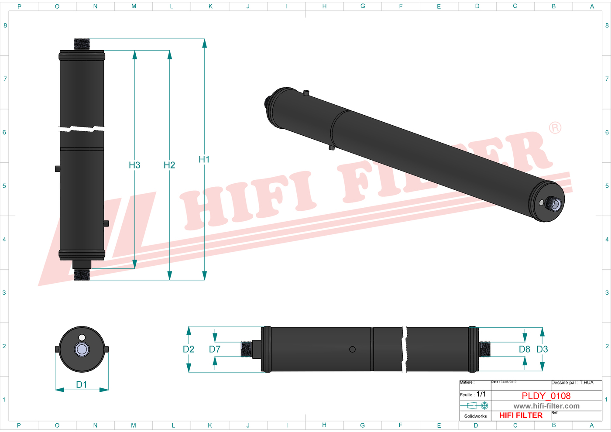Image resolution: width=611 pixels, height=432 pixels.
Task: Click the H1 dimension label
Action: pos(204,160)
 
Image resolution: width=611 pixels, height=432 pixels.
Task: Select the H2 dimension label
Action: pos(169,165)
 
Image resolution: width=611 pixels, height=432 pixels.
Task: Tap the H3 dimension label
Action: pos(134,165)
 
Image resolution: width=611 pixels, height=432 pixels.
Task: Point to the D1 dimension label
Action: pos(82,384)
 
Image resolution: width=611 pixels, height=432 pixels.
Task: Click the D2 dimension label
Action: pos(189,349)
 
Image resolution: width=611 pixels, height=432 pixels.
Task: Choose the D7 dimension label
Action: pos(215,349)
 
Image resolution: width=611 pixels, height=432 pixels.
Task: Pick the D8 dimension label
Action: pos(525,349)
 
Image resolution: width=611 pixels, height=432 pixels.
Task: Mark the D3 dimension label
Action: pos(542,349)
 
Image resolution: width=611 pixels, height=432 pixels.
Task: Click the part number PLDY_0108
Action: pos(546,396)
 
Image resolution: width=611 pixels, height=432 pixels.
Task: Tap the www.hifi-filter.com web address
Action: pos(546,406)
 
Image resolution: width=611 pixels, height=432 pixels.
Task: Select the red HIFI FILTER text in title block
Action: pos(521,415)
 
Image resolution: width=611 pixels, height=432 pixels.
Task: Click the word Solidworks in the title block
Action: pos(475,416)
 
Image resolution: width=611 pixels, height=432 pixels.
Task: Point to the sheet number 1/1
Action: pos(481,394)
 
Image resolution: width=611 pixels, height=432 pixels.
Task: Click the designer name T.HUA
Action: pos(587,383)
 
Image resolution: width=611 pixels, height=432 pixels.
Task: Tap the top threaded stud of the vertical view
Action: pos(82,44)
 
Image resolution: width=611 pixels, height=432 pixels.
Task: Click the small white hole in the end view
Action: pos(82,337)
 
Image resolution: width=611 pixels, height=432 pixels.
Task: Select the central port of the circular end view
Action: pos(82,349)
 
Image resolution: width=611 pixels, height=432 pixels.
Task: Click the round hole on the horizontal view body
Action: pos(352,349)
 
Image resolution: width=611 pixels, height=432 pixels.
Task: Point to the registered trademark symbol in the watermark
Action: pos(555,128)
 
